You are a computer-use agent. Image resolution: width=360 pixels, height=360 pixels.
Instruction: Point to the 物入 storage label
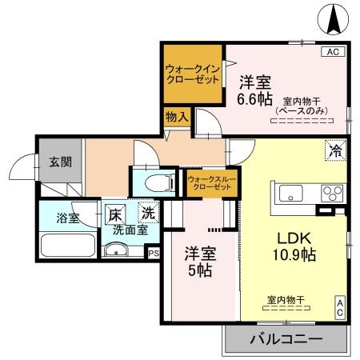tap(177, 118)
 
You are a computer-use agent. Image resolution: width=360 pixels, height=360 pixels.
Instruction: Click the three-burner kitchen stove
tap(331, 193)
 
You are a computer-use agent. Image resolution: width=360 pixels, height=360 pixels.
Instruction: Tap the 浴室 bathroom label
tap(67, 218)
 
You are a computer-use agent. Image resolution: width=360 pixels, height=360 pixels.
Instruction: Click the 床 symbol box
tap(116, 214)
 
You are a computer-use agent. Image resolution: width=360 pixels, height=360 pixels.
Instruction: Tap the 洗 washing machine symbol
tap(148, 214)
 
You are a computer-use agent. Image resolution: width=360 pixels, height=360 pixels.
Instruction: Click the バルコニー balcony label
tap(287, 339)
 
